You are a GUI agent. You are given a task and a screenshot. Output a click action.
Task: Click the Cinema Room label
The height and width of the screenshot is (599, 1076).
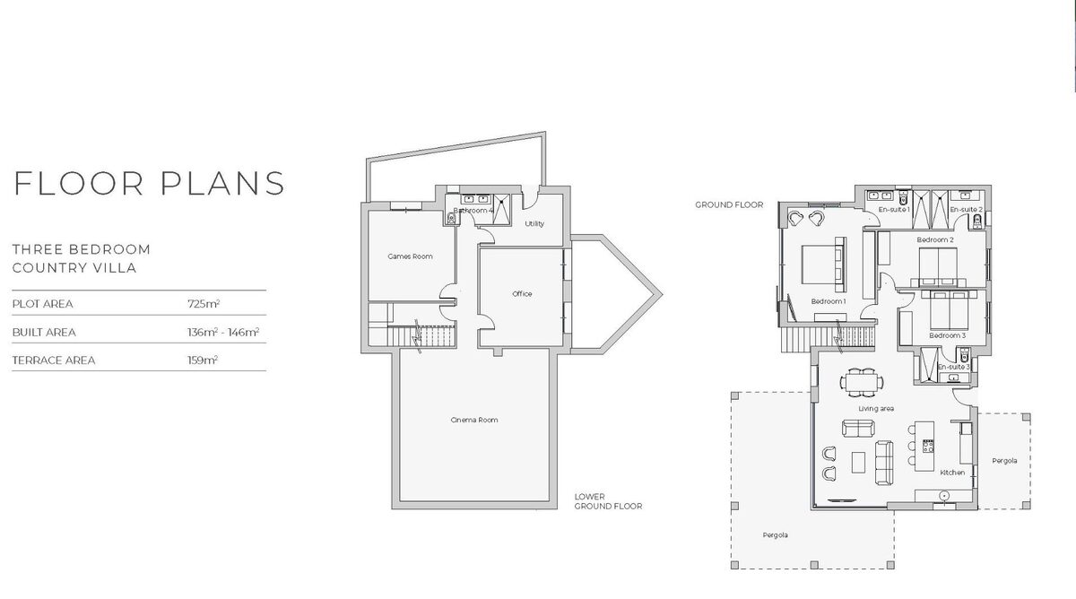pyautogui.click(x=474, y=420)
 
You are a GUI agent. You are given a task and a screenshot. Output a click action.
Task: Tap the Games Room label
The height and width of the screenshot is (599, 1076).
pyautogui.click(x=411, y=256)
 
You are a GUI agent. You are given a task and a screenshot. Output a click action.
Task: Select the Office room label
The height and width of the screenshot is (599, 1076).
pyautogui.click(x=522, y=294)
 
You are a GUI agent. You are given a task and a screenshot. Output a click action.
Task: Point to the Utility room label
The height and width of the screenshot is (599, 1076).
pyautogui.click(x=534, y=224)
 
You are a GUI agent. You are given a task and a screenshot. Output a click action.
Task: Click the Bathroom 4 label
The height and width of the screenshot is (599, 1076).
pyautogui.click(x=473, y=211)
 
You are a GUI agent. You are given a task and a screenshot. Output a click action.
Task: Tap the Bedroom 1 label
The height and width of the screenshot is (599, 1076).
pyautogui.click(x=829, y=301)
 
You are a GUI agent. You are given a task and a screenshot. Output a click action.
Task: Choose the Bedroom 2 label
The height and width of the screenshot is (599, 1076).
pyautogui.click(x=935, y=239)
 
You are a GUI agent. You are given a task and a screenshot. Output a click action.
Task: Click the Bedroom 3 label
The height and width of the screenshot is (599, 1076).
pyautogui.click(x=947, y=335)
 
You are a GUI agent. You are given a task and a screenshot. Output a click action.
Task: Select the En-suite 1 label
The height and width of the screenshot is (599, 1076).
pyautogui.click(x=894, y=210)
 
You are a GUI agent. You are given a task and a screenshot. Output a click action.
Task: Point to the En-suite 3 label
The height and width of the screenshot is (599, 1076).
pyautogui.click(x=953, y=367)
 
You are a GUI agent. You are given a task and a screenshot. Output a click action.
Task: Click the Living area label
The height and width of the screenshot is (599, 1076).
pyautogui.click(x=876, y=409)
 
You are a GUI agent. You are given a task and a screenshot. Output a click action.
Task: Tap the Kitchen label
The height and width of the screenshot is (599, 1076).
pyautogui.click(x=952, y=473)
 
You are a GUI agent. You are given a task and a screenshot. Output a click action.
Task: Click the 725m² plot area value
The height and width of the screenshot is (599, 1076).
pyautogui.click(x=204, y=304)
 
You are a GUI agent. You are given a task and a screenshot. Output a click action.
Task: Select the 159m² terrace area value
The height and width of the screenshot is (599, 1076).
pyautogui.click(x=203, y=360)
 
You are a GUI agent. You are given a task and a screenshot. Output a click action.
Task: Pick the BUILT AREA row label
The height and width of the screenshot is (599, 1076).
pyautogui.click(x=44, y=333)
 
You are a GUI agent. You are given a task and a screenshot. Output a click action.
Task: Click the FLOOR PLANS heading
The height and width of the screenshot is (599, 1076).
pyautogui.click(x=150, y=183)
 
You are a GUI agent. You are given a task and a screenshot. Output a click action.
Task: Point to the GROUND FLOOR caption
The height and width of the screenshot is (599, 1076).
pyautogui.click(x=729, y=205)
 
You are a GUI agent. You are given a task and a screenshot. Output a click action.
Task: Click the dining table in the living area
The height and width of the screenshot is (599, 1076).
pyautogui.click(x=862, y=382)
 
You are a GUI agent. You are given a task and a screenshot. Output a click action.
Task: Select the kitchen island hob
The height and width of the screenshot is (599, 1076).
pyautogui.click(x=928, y=447)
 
